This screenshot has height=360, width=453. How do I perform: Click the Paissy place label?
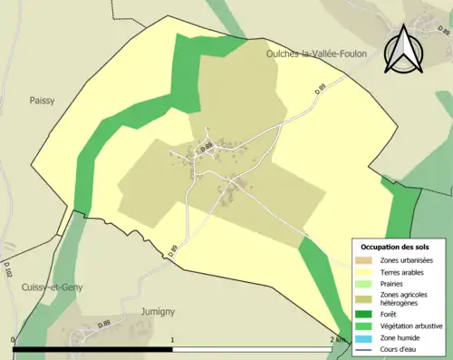click(x=42, y=101)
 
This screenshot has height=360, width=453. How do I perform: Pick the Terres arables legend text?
click(x=401, y=271)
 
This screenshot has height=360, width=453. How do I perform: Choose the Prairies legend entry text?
click(x=392, y=282)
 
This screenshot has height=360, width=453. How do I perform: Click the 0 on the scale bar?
click(x=14, y=339)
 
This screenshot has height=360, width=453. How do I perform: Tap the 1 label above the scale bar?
click(x=172, y=339)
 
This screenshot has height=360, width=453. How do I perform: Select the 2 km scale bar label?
click(x=336, y=339)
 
